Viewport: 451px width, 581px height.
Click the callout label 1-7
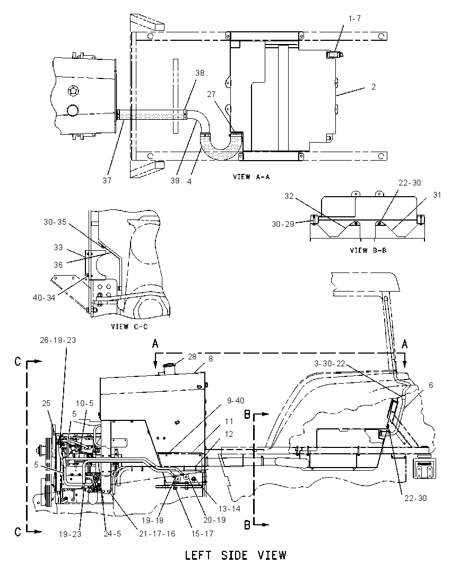(x=354, y=19)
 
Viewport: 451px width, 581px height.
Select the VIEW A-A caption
(x=251, y=177)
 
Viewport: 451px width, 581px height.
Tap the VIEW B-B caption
(x=368, y=251)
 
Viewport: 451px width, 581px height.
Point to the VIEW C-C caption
(x=129, y=327)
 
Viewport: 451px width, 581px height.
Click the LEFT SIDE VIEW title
(x=236, y=555)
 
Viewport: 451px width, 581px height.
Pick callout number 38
(x=200, y=73)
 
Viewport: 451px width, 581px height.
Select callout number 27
(x=211, y=94)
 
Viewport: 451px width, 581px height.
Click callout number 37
(x=107, y=180)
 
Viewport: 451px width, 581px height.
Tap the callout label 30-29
(x=283, y=224)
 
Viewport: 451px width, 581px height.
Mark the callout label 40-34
(x=44, y=297)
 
